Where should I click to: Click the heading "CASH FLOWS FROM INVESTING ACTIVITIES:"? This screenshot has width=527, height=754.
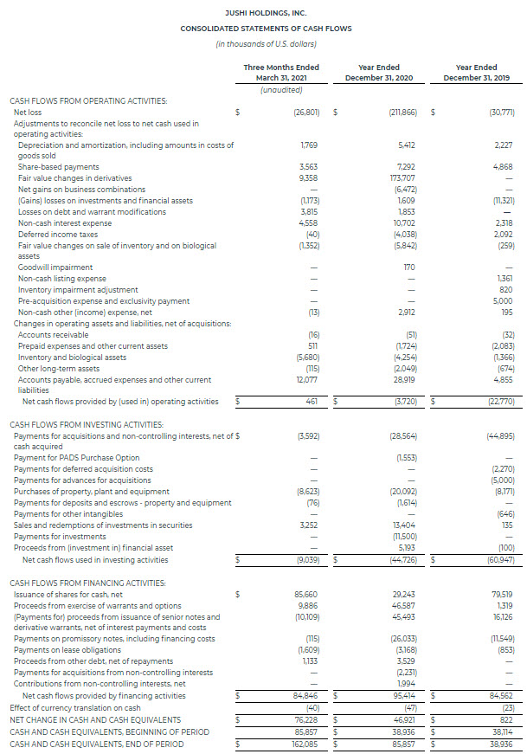pyautogui.click(x=86, y=424)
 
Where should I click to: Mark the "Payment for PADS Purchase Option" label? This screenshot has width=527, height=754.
pyautogui.click(x=76, y=457)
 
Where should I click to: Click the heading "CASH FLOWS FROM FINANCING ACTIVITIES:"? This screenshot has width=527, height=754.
pyautogui.click(x=87, y=582)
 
